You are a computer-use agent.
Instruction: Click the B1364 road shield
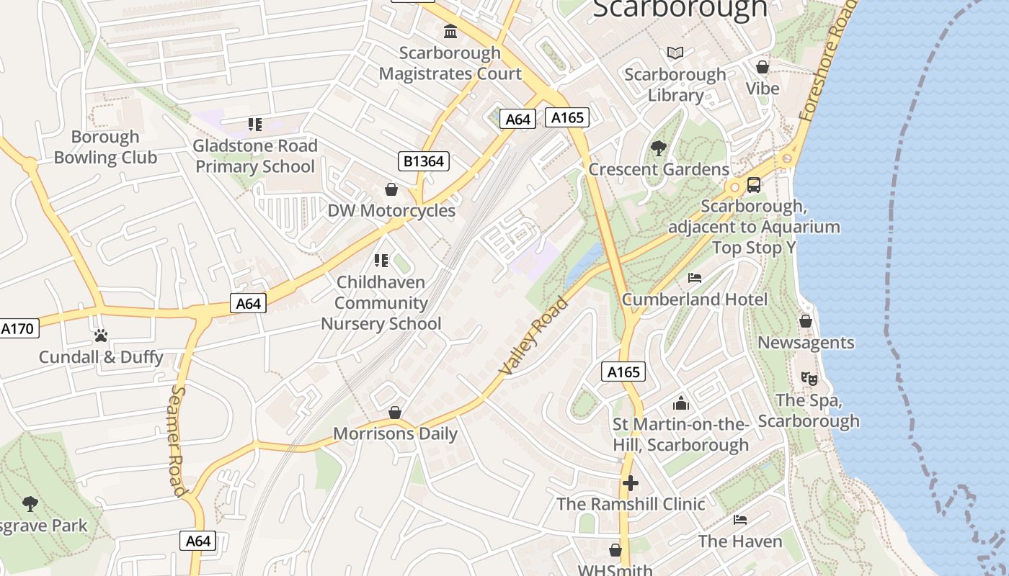(423, 161)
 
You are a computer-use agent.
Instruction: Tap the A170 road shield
(17, 329)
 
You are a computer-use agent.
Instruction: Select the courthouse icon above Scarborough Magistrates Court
(450, 32)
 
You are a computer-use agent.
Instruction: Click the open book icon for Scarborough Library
(675, 53)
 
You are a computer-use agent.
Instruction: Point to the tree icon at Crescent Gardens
(658, 148)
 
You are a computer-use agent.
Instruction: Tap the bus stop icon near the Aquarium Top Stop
(754, 185)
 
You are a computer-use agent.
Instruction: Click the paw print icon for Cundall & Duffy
(101, 336)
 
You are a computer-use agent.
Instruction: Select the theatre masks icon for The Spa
(809, 378)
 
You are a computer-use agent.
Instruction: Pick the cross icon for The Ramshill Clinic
(631, 482)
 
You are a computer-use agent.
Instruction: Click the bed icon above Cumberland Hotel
(695, 277)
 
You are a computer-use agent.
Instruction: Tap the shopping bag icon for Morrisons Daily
(395, 413)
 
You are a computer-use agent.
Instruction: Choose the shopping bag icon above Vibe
(763, 67)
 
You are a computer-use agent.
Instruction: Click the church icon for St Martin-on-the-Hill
(681, 403)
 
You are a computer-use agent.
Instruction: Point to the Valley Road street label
(533, 336)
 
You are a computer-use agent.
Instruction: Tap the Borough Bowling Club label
(105, 147)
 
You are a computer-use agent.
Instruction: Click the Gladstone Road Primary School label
(255, 156)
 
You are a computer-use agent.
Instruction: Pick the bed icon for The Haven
(740, 520)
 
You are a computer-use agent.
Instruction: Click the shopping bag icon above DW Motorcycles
(391, 189)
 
